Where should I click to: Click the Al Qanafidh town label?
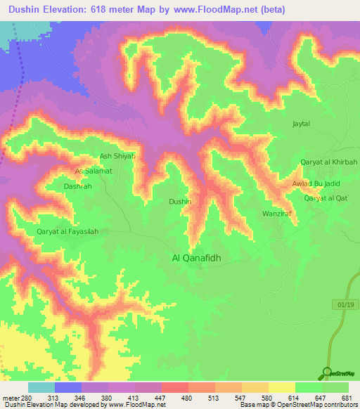pyautogui.click(x=197, y=258)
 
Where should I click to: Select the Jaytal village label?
pyautogui.click(x=301, y=124)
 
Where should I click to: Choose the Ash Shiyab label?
pyautogui.click(x=117, y=157)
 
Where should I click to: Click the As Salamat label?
pyautogui.click(x=94, y=171)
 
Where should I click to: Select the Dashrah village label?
pyautogui.click(x=77, y=187)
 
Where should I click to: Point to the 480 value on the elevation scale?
pyautogui.click(x=186, y=397)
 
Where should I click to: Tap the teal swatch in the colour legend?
pyautogui.click(x=41, y=387)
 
